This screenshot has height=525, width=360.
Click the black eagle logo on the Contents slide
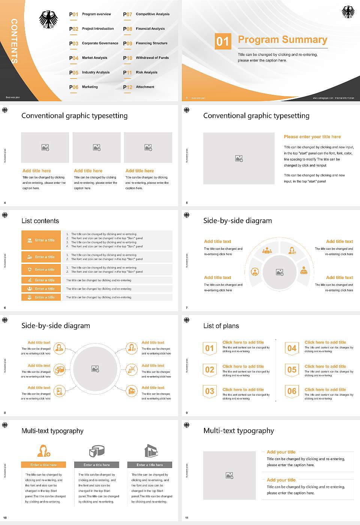pos(49,19)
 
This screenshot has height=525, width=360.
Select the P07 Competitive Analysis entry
pos(146,14)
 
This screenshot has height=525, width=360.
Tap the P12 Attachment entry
pos(139,87)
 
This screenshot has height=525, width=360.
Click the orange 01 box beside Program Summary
pos(222,41)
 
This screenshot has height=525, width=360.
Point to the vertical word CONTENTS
pos(14,41)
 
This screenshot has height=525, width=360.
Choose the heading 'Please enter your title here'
pos(312,137)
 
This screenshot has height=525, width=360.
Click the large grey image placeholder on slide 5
pos(239,158)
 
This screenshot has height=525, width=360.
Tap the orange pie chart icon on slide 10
pos(97,451)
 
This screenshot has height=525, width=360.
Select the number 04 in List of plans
pos(292,348)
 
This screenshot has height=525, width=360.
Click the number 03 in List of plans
pos(210,391)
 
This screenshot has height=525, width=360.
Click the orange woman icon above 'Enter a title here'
pos(43,451)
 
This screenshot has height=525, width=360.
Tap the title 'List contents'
pos(40,221)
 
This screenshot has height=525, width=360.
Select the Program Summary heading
pos(282,40)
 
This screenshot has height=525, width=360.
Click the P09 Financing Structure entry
pos(146,43)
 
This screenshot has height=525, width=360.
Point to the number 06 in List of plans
pos(292,391)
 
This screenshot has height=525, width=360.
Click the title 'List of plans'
pos(221,326)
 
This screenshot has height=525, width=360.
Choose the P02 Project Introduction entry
pos(91,29)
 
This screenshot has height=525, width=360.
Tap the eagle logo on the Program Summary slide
pos(348,12)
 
